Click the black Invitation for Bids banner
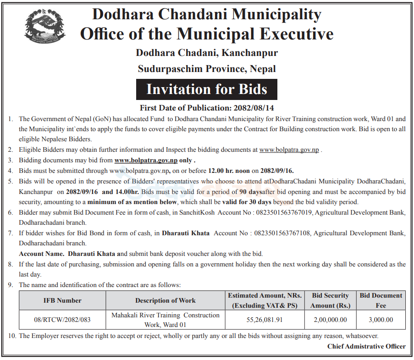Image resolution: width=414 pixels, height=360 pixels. pos(207,89)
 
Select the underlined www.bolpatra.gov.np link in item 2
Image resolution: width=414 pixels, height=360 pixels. pos(289,150)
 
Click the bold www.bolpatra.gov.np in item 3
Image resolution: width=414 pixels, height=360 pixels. pos(146,161)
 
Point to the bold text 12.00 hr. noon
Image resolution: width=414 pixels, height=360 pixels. pos(228,171)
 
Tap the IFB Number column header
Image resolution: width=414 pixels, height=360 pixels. pos(62,300)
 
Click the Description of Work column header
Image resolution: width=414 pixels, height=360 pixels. pos(166,300)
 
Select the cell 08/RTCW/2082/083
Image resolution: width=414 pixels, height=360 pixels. pos(62,320)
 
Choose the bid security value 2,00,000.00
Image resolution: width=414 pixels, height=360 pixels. pos(330,320)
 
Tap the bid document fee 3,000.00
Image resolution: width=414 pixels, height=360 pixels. pos(381,320)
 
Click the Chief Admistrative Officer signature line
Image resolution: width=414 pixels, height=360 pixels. pos(366,346)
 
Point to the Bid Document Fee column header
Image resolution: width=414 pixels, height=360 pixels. pos(381,300)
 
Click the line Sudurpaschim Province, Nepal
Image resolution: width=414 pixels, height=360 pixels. pos(207,69)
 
